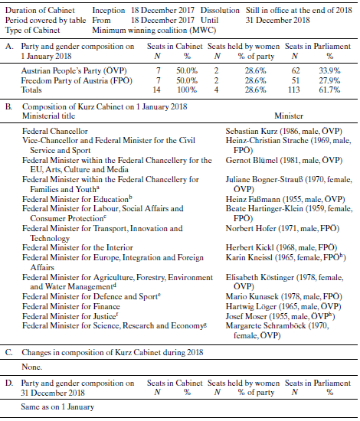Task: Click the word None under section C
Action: (33, 367)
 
